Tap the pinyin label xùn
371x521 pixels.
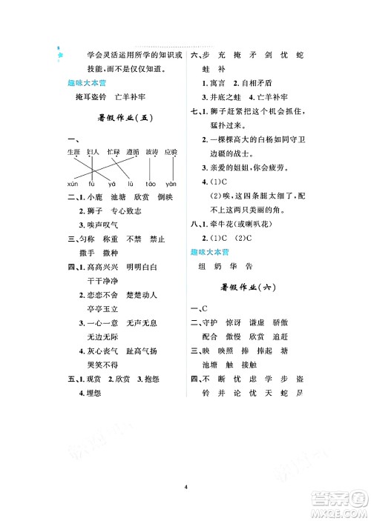click(x=73, y=183)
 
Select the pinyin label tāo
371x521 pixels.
click(x=150, y=183)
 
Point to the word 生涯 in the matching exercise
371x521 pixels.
click(x=73, y=152)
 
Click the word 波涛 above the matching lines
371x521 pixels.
click(x=151, y=152)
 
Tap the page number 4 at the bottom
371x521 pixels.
click(x=185, y=487)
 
